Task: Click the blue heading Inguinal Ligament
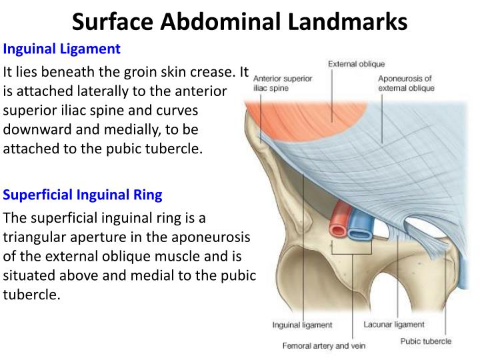[x=62, y=49]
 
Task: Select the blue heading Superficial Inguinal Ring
[x=83, y=195]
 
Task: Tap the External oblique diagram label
[x=356, y=64]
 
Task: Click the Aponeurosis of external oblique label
[x=406, y=83]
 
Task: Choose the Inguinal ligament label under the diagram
[x=302, y=325]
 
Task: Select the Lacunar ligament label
[x=393, y=325]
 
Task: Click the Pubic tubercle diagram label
[x=425, y=341]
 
